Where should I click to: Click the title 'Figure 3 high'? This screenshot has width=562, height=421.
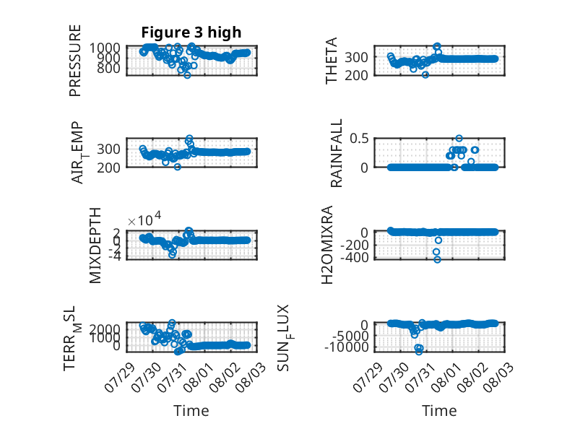click(191, 32)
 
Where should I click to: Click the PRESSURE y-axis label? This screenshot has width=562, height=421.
click(75, 61)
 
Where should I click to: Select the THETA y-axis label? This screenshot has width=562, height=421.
click(331, 61)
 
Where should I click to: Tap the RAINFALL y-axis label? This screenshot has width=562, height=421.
click(337, 153)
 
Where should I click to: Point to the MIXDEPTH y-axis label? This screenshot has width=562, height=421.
click(95, 246)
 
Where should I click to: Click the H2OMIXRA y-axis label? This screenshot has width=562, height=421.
click(327, 245)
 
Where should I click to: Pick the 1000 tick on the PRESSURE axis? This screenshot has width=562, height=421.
click(105, 48)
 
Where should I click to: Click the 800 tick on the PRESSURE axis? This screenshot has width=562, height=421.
click(108, 68)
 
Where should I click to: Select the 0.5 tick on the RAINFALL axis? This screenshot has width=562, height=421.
click(359, 139)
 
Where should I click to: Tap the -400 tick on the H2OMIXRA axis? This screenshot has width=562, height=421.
click(354, 257)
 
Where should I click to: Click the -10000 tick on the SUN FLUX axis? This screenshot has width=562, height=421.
click(347, 347)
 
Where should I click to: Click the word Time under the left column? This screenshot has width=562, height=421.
click(191, 411)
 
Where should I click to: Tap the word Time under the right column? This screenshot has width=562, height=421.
click(439, 411)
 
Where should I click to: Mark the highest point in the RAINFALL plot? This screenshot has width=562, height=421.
click(459, 139)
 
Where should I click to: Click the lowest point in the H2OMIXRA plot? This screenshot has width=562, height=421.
click(437, 259)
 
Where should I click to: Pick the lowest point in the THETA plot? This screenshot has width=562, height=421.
click(425, 75)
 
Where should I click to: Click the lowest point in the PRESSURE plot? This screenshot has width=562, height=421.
click(187, 75)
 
